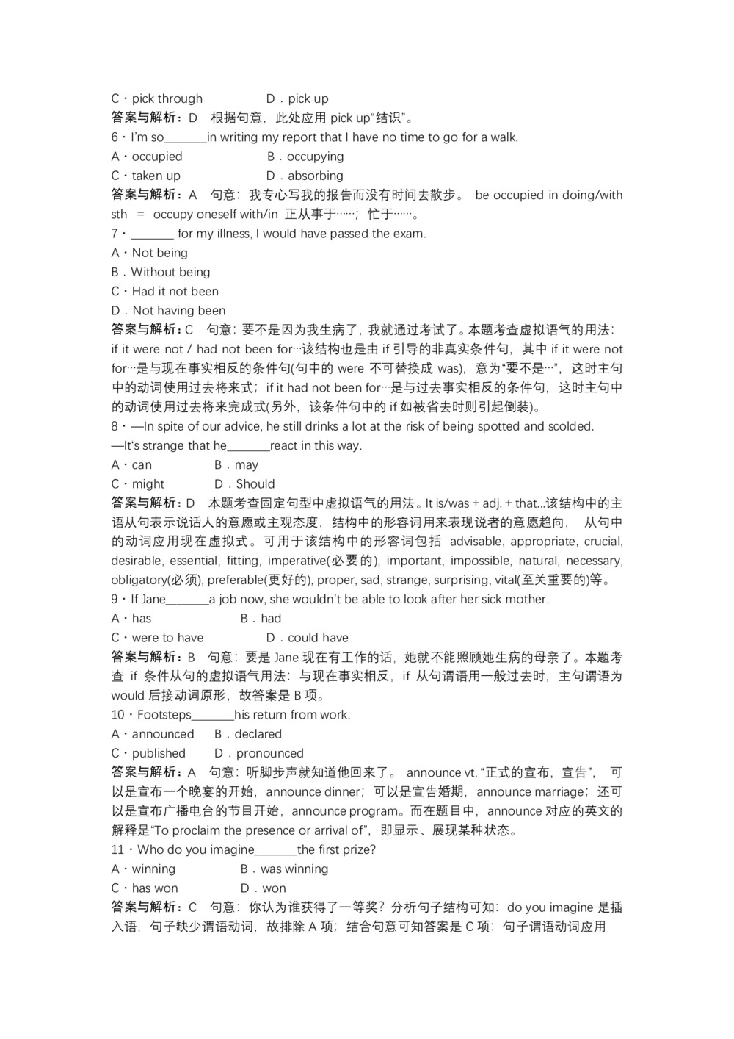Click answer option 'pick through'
click(x=167, y=98)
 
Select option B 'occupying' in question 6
click(x=315, y=157)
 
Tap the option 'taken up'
click(x=156, y=176)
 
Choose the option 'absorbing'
click(x=315, y=176)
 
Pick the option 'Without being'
click(x=170, y=272)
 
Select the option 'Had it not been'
click(x=175, y=291)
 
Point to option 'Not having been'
click(x=178, y=310)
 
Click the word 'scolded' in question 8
click(x=570, y=426)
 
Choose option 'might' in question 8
click(x=148, y=484)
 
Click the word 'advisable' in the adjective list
click(x=476, y=542)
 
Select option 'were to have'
click(x=167, y=638)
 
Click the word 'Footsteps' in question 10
click(x=164, y=715)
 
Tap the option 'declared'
click(x=258, y=734)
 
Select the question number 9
click(x=115, y=600)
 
